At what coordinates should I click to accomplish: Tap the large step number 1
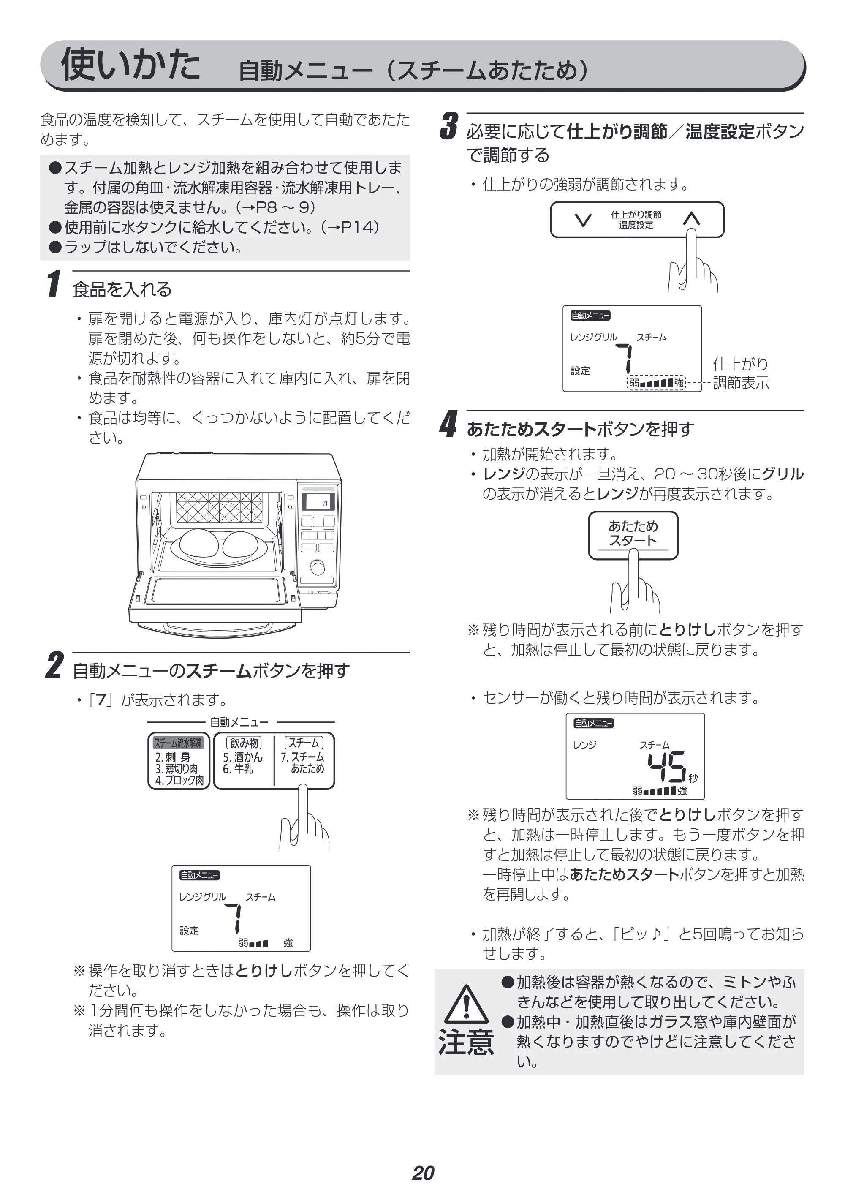point(54,284)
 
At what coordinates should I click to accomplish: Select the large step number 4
point(448,424)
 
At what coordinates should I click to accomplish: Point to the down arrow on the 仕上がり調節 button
point(583,220)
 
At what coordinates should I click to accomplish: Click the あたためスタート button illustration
point(633,535)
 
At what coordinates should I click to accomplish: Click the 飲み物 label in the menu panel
point(244,743)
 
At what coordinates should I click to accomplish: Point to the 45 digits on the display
point(666,767)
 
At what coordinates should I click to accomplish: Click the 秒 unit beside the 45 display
point(693,778)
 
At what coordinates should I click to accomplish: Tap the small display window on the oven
point(318,502)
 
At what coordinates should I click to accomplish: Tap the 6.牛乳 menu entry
point(238,769)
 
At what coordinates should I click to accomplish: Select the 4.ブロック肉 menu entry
point(179,780)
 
